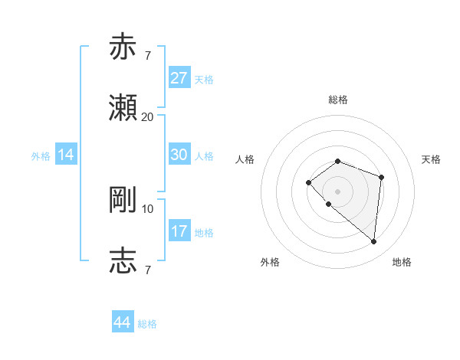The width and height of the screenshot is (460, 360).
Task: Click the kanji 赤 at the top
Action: (123, 47)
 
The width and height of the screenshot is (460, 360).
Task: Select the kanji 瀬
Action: (123, 108)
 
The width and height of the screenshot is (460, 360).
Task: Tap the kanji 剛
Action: (123, 200)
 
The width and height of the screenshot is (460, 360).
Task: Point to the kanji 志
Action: (123, 261)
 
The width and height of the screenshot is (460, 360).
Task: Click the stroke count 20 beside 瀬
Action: (147, 117)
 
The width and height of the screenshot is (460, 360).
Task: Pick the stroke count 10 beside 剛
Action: (147, 208)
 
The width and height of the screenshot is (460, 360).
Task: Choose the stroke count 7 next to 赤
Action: (147, 56)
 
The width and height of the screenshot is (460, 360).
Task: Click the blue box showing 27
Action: (179, 78)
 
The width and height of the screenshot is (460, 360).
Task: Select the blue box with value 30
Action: (179, 155)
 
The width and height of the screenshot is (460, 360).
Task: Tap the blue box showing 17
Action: (179, 231)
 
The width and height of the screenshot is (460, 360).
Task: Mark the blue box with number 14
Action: (66, 155)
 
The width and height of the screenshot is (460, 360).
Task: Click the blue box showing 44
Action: (123, 322)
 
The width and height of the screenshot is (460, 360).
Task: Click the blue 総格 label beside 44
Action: (147, 324)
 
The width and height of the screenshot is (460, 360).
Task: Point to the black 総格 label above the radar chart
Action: (338, 100)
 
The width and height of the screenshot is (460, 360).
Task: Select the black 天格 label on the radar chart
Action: (432, 159)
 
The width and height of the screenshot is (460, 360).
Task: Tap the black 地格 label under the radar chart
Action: (402, 263)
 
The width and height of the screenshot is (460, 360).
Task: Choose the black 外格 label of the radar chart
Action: (270, 263)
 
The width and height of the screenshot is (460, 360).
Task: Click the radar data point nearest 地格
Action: (373, 242)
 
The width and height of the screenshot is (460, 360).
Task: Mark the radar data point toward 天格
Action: (381, 177)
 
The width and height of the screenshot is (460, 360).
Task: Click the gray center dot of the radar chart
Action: (338, 191)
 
